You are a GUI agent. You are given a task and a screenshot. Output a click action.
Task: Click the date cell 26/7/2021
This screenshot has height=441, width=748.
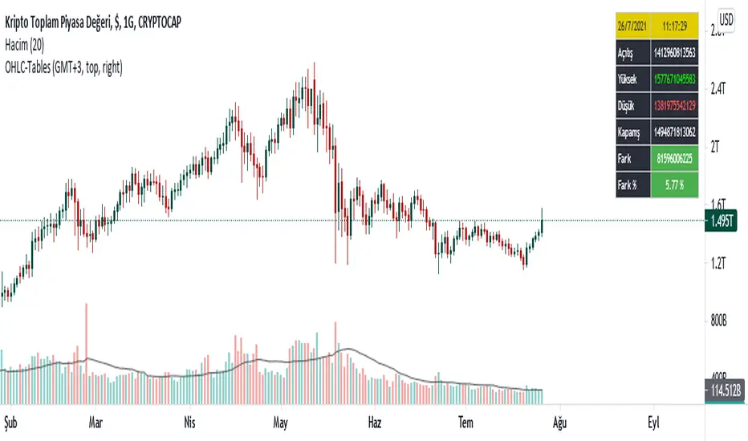pos(636,25)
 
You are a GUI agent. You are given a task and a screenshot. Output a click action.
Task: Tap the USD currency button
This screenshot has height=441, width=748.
pos(726,18)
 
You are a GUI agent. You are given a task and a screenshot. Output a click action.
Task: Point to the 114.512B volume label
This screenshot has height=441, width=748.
pos(725,392)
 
